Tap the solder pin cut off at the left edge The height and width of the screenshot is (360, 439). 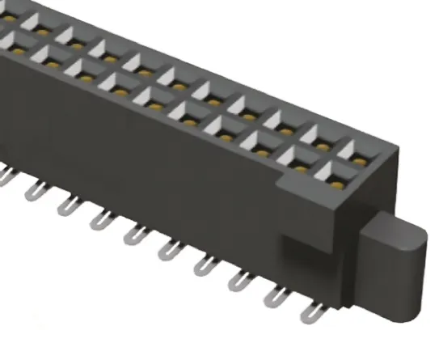(4, 174)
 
